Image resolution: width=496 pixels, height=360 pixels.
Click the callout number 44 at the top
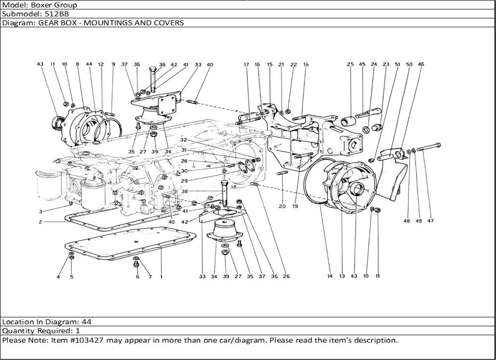point(89,64)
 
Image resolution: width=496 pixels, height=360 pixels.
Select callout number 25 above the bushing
point(350,64)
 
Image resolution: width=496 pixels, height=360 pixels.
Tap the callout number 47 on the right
point(431,221)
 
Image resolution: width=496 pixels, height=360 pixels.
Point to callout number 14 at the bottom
point(329,276)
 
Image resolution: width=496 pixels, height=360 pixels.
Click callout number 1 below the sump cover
point(161,276)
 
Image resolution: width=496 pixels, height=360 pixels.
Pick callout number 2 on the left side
point(40,222)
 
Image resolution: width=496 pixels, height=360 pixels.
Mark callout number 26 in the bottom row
point(286,276)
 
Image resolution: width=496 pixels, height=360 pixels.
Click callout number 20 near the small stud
point(282,206)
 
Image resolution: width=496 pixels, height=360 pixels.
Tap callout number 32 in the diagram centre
point(183,140)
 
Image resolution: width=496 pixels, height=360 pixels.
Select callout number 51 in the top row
point(397,64)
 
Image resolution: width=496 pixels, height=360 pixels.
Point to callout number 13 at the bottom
point(342,276)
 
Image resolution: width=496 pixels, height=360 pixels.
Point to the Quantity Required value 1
point(78,331)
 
